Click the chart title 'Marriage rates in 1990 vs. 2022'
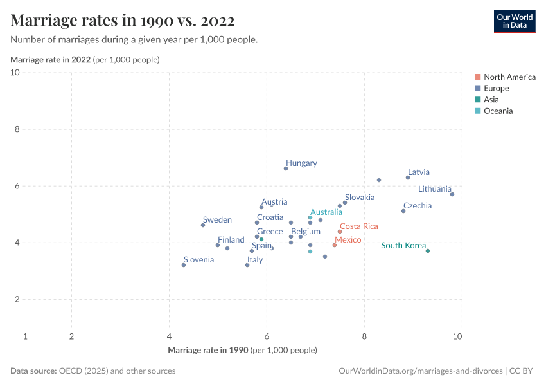point(123,21)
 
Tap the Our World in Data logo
point(514,21)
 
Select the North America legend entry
point(509,77)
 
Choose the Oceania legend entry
point(498,111)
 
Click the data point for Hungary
point(286,169)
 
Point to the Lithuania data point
point(452,194)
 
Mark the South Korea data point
point(428,251)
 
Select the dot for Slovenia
point(184,265)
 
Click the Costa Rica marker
point(340,232)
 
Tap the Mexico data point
point(335,245)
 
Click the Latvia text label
point(418,172)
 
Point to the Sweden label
point(217,220)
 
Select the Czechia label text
point(417,206)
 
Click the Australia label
point(326,212)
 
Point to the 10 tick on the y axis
point(15,73)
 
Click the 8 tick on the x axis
point(364,336)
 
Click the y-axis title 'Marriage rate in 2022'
point(50,60)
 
